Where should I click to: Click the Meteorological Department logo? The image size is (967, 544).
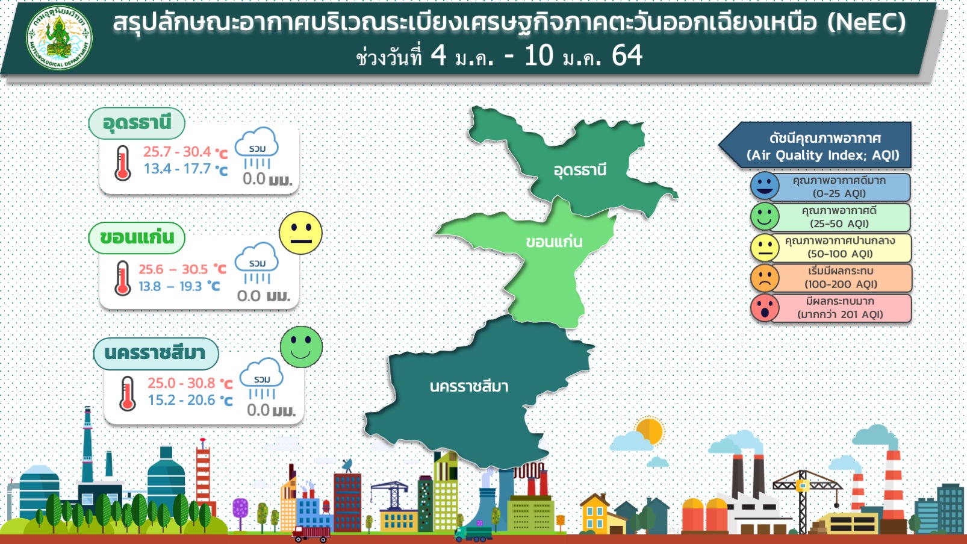click(59, 37)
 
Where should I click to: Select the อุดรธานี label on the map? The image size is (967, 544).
click(580, 170)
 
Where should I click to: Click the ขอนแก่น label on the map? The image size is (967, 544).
click(554, 242)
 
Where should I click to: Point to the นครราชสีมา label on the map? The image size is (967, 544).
click(469, 386)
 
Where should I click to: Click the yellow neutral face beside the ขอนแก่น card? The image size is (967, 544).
click(300, 233)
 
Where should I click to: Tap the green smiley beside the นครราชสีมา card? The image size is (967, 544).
click(301, 346)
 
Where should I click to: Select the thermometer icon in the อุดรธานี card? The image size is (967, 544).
click(123, 163)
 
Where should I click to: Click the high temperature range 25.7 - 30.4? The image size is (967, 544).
click(177, 152)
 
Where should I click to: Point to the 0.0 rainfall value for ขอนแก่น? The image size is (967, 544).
click(249, 296)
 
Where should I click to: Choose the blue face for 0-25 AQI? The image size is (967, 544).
click(765, 186)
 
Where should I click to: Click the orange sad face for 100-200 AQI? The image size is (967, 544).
click(765, 278)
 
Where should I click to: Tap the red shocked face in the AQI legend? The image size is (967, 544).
click(765, 308)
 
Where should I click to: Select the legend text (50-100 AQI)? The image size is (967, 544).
click(840, 254)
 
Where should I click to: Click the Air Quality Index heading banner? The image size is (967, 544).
click(815, 145)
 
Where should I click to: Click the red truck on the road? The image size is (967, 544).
click(310, 534)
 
